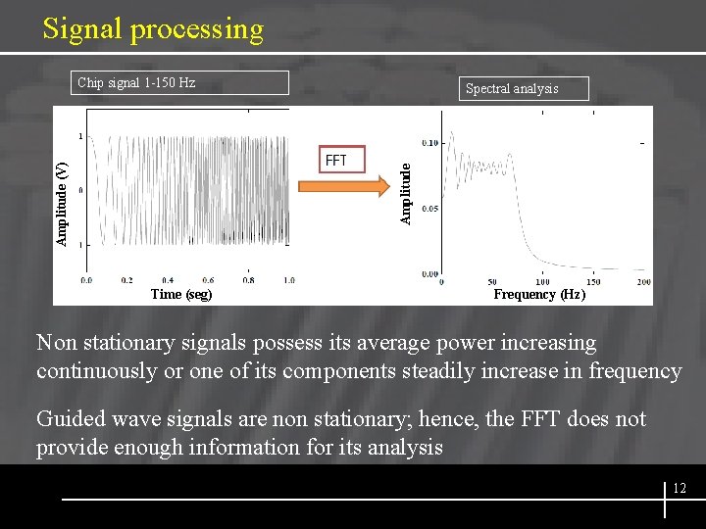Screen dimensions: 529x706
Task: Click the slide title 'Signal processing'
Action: [153, 29]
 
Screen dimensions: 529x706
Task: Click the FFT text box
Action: [340, 160]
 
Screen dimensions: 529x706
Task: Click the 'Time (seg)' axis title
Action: [181, 294]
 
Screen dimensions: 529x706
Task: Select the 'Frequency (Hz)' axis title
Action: [539, 294]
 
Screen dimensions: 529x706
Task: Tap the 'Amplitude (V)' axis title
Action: [62, 204]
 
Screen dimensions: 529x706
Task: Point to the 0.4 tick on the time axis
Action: [168, 280]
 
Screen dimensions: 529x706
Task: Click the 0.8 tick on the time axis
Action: [249, 280]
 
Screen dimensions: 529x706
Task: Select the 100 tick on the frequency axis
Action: [542, 282]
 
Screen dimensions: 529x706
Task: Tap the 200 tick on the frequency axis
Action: [644, 282]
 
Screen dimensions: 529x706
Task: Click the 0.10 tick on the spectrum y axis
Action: [429, 142]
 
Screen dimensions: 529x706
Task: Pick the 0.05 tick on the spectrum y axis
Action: [429, 209]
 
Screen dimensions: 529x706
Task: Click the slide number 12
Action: [680, 488]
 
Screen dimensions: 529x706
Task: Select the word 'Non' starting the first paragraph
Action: [56, 343]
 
